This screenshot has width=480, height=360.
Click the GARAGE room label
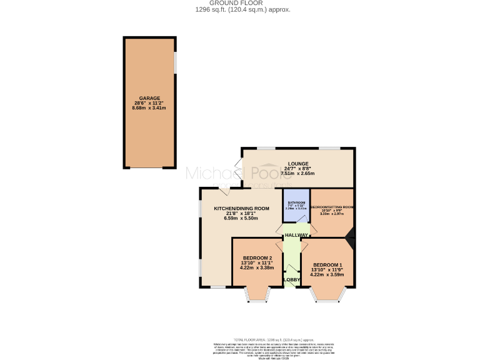(x=150, y=98)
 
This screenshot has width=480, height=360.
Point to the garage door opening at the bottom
(x=150, y=167)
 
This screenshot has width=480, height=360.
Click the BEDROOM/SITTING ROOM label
(x=332, y=207)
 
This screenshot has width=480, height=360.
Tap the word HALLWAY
(x=296, y=235)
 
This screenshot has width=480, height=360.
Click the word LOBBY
(x=292, y=279)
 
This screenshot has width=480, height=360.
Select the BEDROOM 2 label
(x=257, y=258)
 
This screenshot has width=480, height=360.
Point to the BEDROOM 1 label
(x=327, y=264)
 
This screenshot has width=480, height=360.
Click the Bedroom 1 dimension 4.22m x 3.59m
(x=327, y=274)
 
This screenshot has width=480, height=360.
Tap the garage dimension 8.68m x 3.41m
(x=150, y=108)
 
